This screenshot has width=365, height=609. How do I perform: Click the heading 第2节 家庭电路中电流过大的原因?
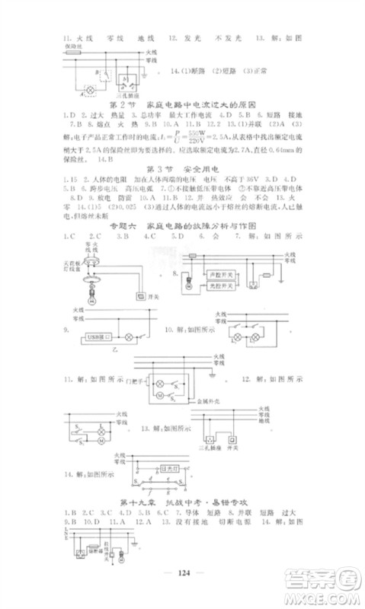[x=183, y=104]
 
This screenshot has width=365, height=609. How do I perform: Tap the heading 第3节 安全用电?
[x=183, y=167]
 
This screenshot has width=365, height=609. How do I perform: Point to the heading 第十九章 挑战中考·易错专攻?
[x=183, y=502]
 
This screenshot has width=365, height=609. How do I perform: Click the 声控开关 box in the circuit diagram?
[x=226, y=270]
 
